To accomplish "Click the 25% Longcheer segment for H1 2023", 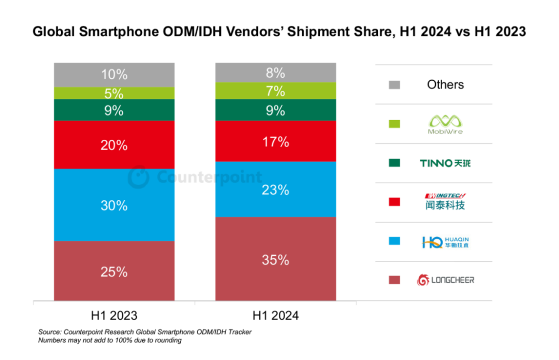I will (114, 271).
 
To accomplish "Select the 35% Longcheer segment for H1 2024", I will (276, 258).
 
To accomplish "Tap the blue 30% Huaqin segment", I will (114, 205).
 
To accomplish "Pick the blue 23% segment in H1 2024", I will (276, 190).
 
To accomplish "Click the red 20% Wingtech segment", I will (114, 145).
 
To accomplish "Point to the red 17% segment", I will (276, 141).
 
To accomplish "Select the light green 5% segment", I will (114, 93).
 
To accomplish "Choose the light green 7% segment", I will (276, 91).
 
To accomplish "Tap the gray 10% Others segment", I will (114, 75).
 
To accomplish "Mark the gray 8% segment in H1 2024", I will (276, 73).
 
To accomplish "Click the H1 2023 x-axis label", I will (114, 315).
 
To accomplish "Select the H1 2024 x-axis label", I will (276, 315).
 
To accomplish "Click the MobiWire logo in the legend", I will (446, 124).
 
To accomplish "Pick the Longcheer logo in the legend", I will (446, 280).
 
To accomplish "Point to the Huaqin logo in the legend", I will (445, 242).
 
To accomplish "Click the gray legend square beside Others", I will (394, 85).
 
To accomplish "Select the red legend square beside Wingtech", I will (394, 202).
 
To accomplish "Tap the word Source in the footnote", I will (49, 332).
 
